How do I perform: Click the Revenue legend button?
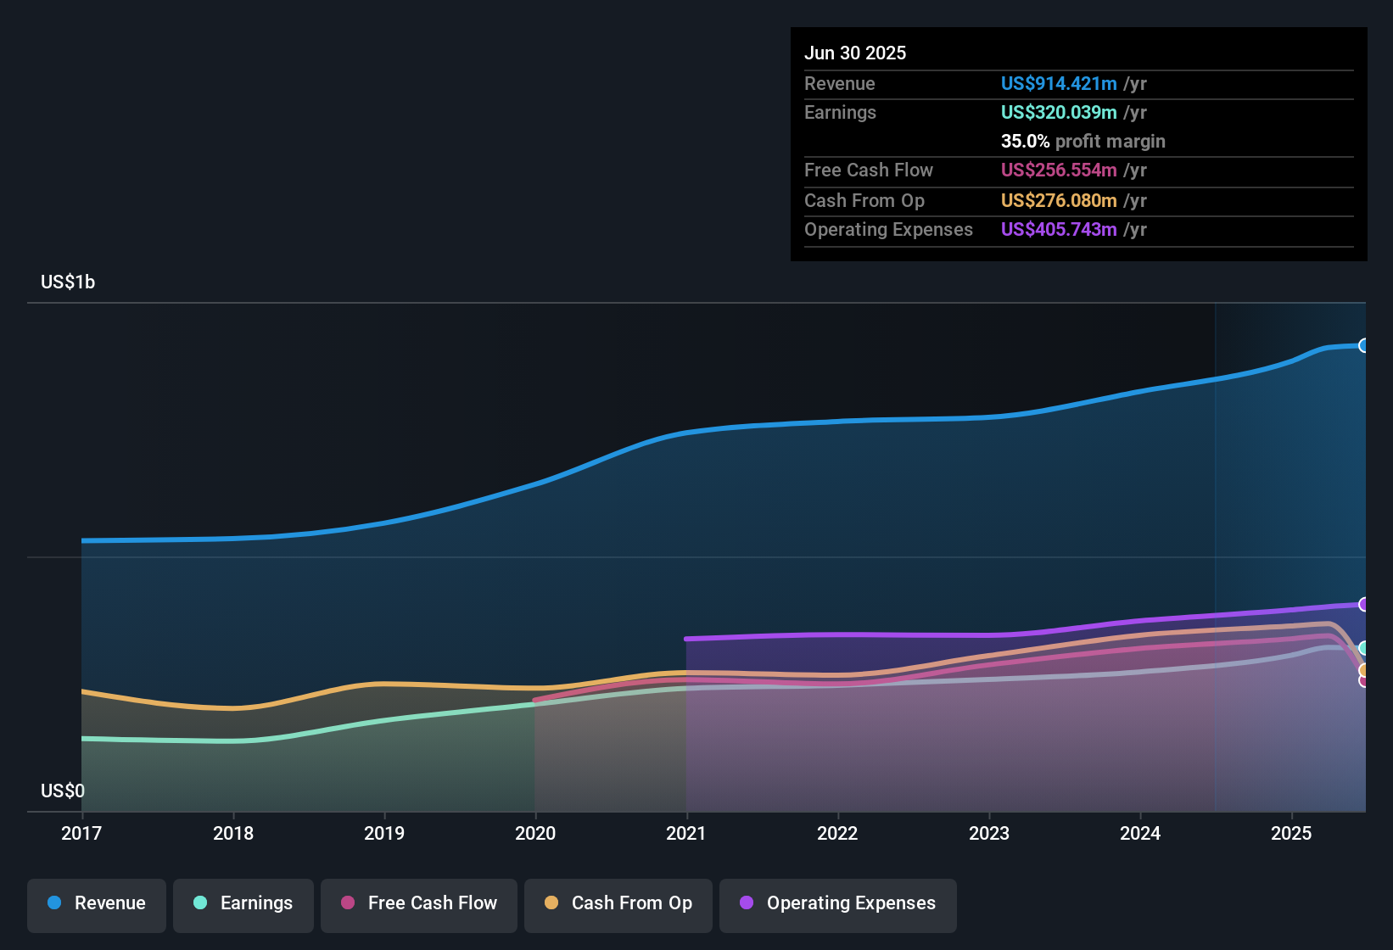pos(97,903)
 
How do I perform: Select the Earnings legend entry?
pos(243,903)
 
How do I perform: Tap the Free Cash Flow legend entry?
pos(419,903)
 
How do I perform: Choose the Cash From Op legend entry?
pos(618,903)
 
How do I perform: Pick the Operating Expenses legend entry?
pos(838,903)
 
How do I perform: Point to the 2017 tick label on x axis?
pos(81,833)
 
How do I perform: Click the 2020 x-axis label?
pos(535,833)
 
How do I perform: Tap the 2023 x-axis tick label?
pos(989,833)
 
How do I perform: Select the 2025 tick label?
pos(1291,833)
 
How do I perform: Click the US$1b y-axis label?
pos(68,282)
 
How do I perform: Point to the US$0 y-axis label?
pos(63,791)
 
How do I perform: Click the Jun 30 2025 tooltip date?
pos(855,53)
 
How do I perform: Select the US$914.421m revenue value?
pos(1059,83)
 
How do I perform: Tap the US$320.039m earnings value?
pos(1059,112)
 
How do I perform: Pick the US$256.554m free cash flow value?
pos(1059,170)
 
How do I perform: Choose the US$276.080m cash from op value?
pos(1059,200)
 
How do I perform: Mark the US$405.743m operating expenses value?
pos(1059,229)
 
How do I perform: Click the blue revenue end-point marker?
pos(1363,345)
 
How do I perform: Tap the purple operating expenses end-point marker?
pos(1363,604)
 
